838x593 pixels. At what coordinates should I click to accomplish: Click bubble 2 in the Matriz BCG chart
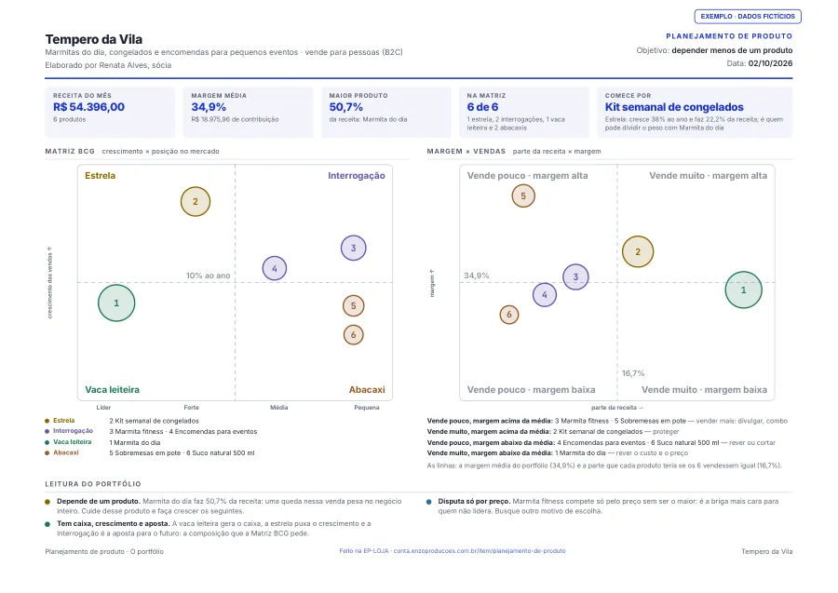196,201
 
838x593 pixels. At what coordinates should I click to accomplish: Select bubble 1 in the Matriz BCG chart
116,303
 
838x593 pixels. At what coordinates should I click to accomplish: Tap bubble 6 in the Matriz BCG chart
353,335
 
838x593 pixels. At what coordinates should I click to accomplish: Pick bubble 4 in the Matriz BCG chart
274,268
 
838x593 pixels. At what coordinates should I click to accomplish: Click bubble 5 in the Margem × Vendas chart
523,196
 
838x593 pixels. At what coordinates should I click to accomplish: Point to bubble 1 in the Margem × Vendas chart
743,290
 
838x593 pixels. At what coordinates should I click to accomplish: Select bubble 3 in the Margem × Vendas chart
575,276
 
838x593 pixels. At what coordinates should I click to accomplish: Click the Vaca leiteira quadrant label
113,390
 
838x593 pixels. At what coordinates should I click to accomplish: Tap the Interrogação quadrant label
357,176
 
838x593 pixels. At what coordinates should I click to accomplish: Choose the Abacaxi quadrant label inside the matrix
367,390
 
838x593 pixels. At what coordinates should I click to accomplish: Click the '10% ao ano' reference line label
208,276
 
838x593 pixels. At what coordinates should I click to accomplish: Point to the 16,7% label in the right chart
633,373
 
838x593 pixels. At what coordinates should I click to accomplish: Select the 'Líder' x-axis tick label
103,408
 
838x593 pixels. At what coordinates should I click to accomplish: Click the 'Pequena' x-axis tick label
367,408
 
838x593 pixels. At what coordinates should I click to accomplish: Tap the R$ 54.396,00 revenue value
88,107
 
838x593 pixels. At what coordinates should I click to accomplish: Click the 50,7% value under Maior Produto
346,107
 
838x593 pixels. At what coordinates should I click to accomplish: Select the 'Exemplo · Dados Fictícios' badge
748,17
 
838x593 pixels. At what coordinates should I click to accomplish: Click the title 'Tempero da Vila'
93,39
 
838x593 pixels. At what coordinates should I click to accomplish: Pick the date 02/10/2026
770,63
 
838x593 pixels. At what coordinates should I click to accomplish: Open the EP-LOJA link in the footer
453,551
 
